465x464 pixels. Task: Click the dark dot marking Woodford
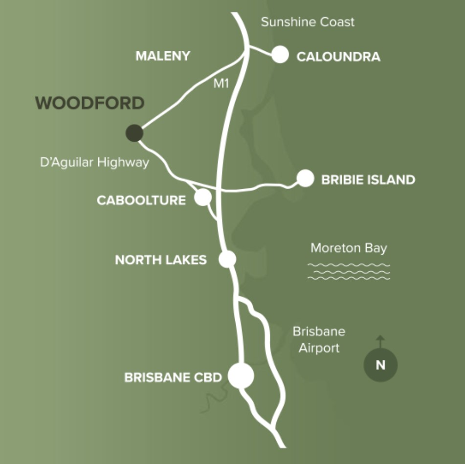[x=134, y=133]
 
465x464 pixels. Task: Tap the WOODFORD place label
[x=90, y=103]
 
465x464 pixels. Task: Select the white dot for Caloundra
[x=280, y=55]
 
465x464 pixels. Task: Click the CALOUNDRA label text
[x=338, y=57]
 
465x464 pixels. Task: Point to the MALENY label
[x=162, y=56]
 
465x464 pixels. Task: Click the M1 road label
[x=221, y=84]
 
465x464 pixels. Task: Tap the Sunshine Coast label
[x=308, y=22]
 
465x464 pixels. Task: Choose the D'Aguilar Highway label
[x=94, y=162]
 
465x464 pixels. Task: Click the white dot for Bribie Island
[x=305, y=178]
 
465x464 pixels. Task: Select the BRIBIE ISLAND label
[x=368, y=179]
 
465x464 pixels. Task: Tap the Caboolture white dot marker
[x=203, y=198]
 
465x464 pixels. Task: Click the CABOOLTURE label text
[x=141, y=200]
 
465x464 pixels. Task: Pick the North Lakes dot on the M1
[x=227, y=259]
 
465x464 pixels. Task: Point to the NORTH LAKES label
[x=161, y=260]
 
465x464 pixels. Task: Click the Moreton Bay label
[x=349, y=248]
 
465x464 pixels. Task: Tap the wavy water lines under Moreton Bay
[x=349, y=271]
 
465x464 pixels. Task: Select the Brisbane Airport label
[x=319, y=340]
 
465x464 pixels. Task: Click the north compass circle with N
[x=380, y=365]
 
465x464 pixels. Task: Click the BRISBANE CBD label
[x=173, y=377]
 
